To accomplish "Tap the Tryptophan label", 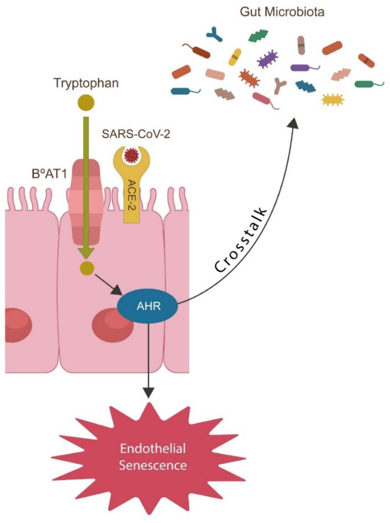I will [x=86, y=83].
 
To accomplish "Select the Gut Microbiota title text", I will [x=282, y=12].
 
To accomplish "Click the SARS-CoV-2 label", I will [x=136, y=134].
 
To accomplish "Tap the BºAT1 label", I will [x=49, y=174].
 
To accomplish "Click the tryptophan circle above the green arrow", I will [x=86, y=103].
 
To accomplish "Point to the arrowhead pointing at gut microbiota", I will [x=293, y=123].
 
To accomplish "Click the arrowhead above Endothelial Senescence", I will [x=148, y=392].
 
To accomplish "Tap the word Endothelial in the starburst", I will [x=153, y=448].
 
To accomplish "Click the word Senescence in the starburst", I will [x=153, y=466].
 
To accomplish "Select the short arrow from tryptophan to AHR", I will [x=108, y=283].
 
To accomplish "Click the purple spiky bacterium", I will [x=267, y=59].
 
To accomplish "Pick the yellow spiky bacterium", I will [x=333, y=100].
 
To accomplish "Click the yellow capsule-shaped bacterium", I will [x=235, y=57].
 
